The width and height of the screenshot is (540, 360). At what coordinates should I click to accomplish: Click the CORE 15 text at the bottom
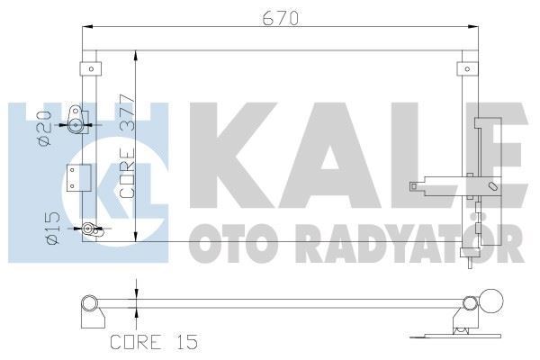click(152, 342)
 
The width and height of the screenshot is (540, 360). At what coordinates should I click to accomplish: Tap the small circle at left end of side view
click(88, 301)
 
